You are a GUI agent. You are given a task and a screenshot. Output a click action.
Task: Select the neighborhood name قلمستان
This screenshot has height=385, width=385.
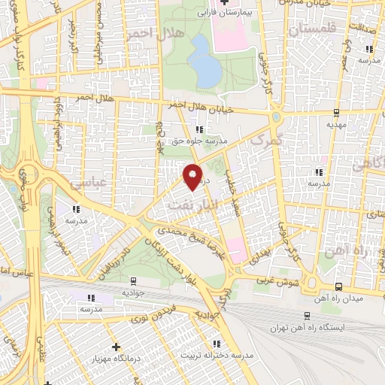[300, 29]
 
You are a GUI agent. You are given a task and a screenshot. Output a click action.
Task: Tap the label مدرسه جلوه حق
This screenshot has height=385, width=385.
[199, 141]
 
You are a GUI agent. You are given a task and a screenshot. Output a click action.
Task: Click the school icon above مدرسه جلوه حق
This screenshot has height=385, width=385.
[199, 129]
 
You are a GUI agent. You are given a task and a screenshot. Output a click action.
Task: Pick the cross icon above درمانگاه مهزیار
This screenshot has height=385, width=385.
[115, 347]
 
